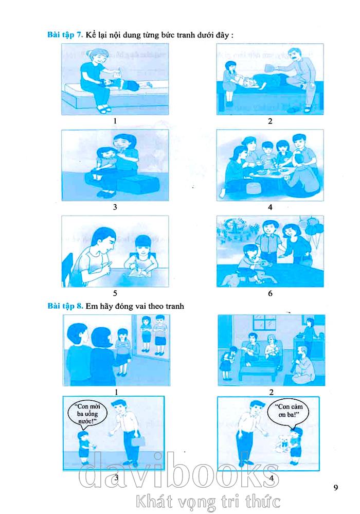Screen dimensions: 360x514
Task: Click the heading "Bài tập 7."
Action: pyautogui.click(x=65, y=35)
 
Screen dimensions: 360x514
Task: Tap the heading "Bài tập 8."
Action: pyautogui.click(x=65, y=306)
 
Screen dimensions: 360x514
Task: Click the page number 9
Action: pyautogui.click(x=336, y=487)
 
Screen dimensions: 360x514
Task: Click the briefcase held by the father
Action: pyautogui.click(x=138, y=441)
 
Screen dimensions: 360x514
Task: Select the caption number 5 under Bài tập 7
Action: pyautogui.click(x=115, y=293)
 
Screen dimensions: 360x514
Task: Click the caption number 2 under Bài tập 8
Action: pyautogui.click(x=271, y=392)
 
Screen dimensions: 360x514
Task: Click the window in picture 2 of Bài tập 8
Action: pyautogui.click(x=264, y=324)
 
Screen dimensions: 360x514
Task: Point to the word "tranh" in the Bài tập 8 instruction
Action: pyautogui.click(x=174, y=306)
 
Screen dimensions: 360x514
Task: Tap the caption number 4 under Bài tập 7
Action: pyautogui.click(x=270, y=207)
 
